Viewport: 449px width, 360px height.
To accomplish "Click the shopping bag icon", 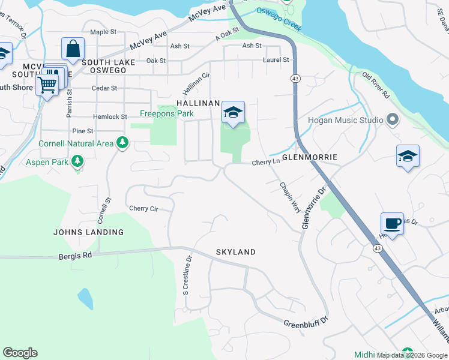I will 73,49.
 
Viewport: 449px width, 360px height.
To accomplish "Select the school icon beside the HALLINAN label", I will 233,112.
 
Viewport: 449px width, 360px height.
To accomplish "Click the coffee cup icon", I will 392,224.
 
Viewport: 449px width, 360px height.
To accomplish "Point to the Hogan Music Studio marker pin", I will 393,120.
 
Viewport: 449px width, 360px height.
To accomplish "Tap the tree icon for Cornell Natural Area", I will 122,143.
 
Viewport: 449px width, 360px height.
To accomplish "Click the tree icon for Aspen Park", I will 77,161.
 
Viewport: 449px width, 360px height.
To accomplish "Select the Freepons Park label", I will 167,113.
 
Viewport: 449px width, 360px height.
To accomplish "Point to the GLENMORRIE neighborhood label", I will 306,157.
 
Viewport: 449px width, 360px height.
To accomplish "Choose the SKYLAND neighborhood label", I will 236,252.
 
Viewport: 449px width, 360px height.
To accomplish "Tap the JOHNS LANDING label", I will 89,232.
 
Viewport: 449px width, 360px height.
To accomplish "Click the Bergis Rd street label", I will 75,255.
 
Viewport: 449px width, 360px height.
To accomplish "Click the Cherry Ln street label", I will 266,163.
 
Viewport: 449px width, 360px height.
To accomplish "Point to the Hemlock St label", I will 110,117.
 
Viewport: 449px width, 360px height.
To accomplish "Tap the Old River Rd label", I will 376,86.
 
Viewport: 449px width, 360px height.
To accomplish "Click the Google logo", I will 20,353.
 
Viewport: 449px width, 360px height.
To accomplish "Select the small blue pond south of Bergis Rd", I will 85,298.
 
